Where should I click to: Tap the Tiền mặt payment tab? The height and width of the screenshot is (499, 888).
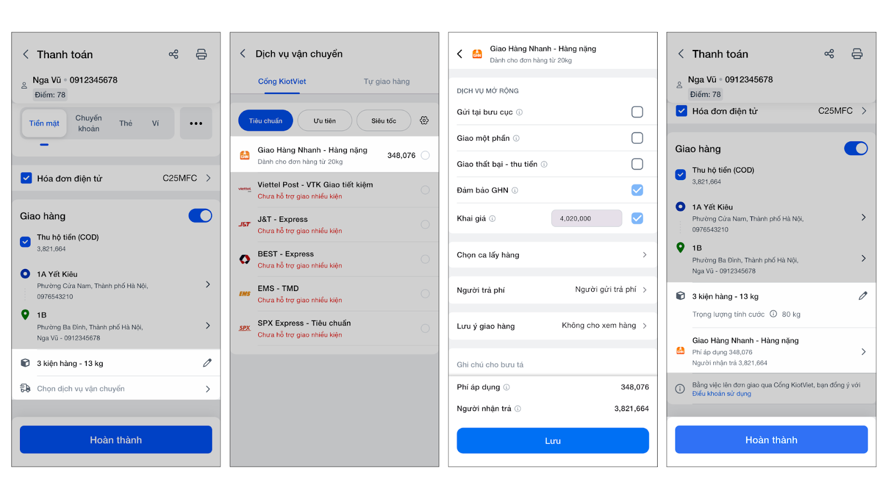point(44,123)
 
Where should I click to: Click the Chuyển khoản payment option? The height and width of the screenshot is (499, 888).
point(88,123)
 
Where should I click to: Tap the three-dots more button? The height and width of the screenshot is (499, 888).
point(196,123)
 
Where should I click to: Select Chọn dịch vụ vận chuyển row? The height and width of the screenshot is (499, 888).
point(116,389)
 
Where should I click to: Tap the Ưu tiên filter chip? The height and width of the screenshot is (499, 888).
point(324,121)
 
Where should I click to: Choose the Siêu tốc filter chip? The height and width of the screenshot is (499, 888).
point(384,121)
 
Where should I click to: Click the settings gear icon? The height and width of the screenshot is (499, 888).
point(424,120)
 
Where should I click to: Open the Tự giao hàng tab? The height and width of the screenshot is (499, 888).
point(386,81)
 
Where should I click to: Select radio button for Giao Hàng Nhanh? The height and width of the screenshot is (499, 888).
point(425,155)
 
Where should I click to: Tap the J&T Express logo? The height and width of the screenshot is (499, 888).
point(245,224)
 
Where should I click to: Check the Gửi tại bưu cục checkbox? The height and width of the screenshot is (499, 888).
point(637,112)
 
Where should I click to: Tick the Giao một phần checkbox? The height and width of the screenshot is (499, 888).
point(637,138)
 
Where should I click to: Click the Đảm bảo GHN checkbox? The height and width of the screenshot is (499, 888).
point(637,190)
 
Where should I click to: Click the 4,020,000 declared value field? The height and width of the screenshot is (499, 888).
point(586,218)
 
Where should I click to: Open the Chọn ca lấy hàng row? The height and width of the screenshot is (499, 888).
point(553,254)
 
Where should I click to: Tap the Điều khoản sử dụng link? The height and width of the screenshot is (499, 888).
point(722,394)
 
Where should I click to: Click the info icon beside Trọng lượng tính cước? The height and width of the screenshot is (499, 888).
point(773,314)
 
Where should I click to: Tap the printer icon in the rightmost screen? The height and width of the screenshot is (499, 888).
point(857,54)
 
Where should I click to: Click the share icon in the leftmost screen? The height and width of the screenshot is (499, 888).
point(173,54)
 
